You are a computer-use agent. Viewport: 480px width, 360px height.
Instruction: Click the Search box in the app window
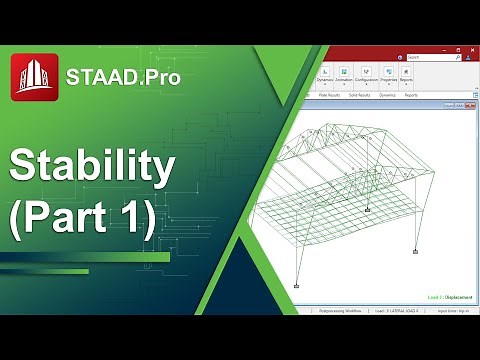(x=435, y=57)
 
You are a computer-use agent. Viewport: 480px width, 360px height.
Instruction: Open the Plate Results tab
(x=330, y=95)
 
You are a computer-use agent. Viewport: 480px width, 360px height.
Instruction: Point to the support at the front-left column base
(x=297, y=287)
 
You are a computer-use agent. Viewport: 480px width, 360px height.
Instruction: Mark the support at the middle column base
(x=368, y=210)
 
